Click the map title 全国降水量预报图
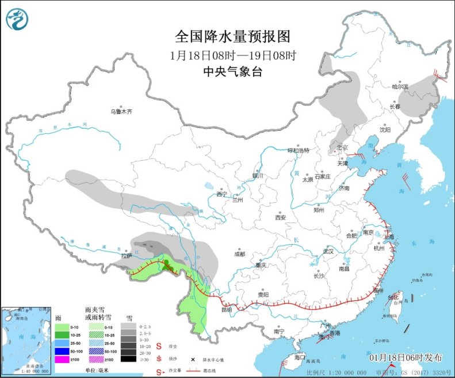(233, 37)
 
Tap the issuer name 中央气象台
(233, 71)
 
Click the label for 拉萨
(127, 255)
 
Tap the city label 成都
(240, 254)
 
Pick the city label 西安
(280, 217)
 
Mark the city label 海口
(299, 357)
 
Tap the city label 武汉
(328, 251)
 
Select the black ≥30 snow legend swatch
(128, 359)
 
